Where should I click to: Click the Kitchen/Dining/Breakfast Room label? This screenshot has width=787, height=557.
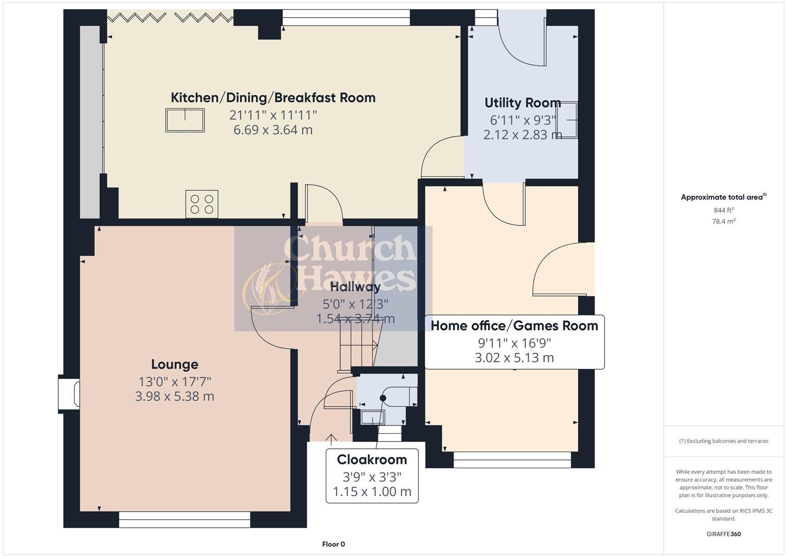[x=273, y=97]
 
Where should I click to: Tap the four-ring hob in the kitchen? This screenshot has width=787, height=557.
[x=202, y=204]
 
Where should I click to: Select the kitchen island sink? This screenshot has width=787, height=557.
[x=185, y=120]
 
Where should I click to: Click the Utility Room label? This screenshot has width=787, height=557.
[x=522, y=103]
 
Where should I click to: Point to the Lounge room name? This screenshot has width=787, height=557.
[x=174, y=364]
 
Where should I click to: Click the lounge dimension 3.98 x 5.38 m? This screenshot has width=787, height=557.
[x=174, y=397]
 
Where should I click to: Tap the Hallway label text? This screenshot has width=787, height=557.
[x=355, y=287]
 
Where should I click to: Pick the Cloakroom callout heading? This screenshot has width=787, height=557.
[x=372, y=460]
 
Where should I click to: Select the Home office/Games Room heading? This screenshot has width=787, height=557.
[x=514, y=325]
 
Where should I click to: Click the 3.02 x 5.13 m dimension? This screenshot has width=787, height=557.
[x=514, y=358]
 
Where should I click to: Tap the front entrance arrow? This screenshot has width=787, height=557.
[x=330, y=439]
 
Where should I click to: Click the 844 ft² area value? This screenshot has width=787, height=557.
[x=723, y=210]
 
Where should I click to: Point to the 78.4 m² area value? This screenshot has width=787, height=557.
[x=723, y=221]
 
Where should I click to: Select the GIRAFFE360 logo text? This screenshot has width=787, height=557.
[x=723, y=534]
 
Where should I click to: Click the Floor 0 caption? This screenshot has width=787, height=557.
[x=333, y=544]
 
